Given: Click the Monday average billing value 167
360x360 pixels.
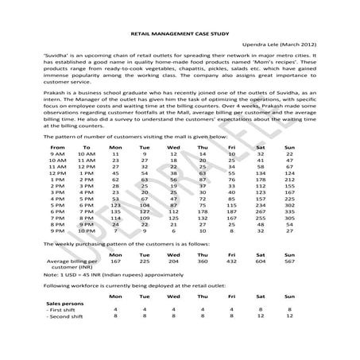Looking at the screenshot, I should (115, 261).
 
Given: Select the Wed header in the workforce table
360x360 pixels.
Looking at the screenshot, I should (174, 296).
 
